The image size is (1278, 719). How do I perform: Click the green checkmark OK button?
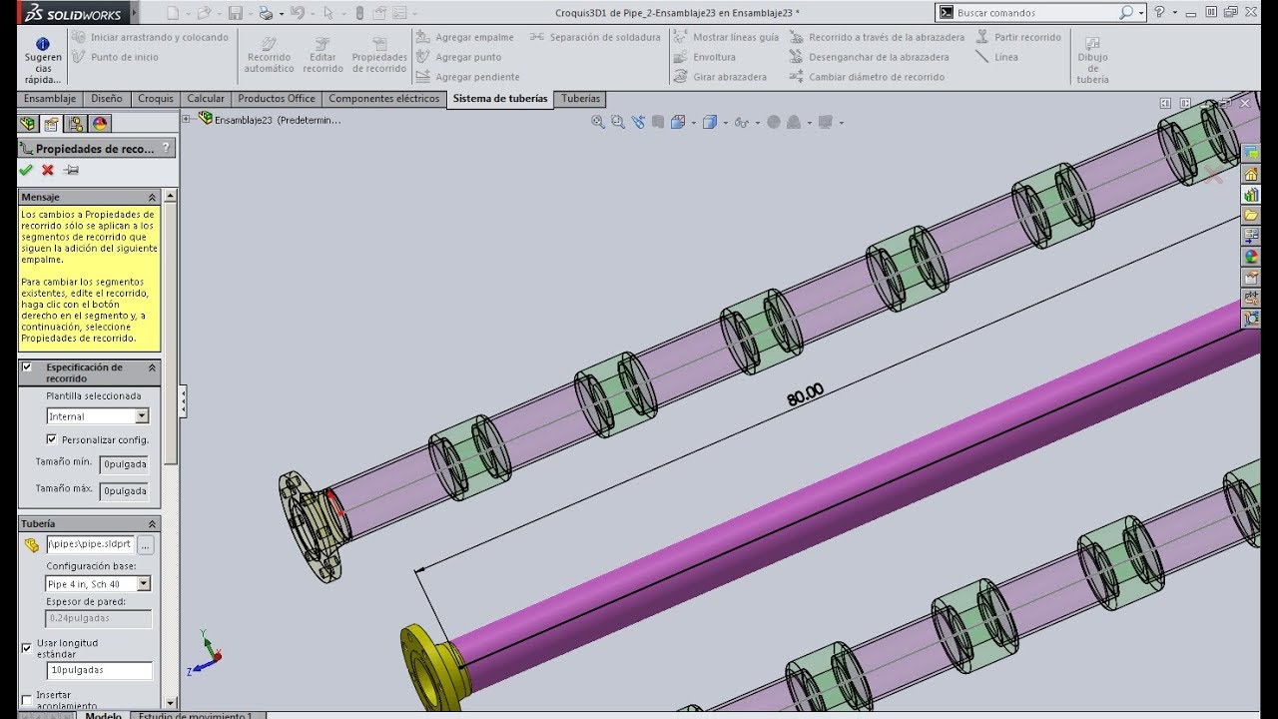26,170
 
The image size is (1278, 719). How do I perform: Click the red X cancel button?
47,170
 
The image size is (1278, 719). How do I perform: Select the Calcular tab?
206,99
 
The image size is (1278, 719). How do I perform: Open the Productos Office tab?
277,99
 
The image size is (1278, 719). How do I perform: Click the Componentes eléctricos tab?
383,99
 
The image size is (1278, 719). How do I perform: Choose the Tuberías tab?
580,99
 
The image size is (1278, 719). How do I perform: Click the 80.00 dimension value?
805,395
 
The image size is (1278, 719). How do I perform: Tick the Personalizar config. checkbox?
52,439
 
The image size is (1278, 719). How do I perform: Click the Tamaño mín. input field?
124,464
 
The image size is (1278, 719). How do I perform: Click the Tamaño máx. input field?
124,491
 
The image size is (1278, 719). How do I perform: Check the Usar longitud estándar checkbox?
27,648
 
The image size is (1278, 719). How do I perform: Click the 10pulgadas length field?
99,670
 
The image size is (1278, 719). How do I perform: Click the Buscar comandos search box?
1033,13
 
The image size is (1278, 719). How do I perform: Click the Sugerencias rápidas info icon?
43,45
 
